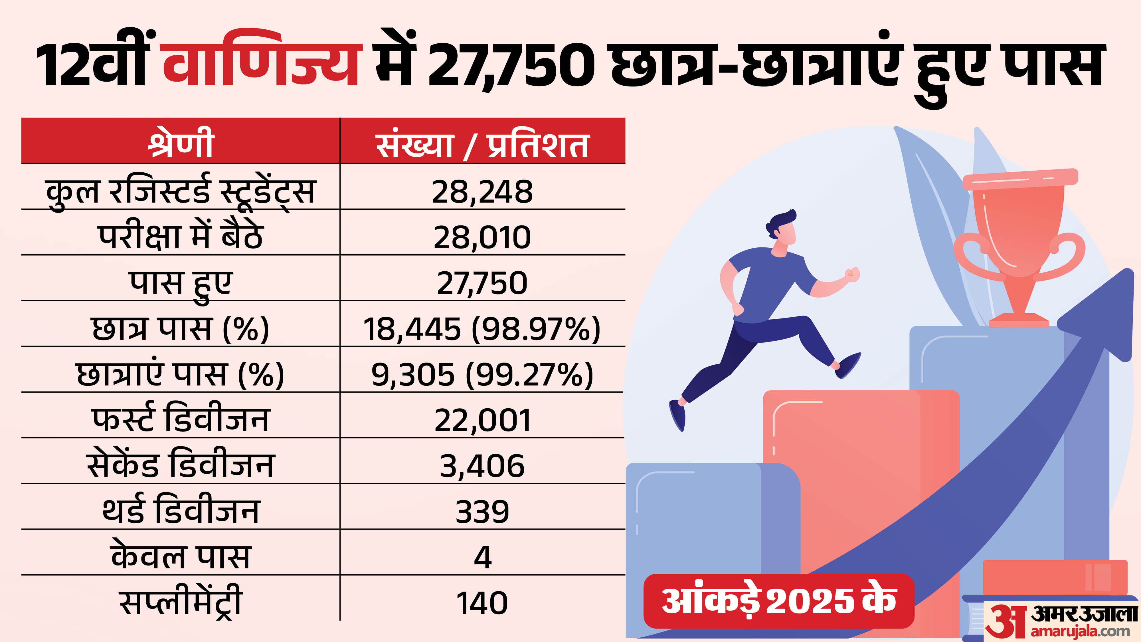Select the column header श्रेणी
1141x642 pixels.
[181, 143]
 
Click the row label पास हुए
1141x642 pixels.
[181, 284]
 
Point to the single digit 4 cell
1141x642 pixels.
[482, 557]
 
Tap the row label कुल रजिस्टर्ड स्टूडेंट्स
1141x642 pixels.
[181, 191]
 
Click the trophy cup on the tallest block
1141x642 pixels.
[1019, 239]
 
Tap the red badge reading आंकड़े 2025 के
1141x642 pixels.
[779, 601]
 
